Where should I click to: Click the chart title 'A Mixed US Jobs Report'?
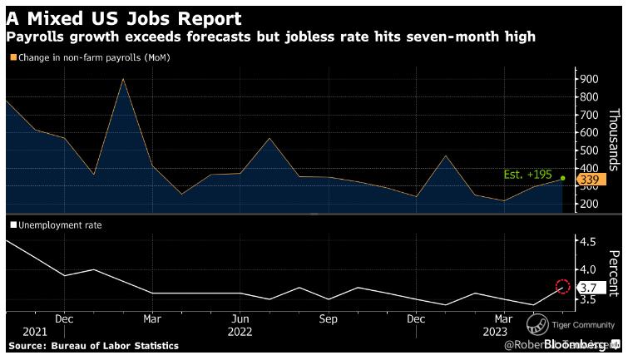124,17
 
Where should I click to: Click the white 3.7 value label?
589,287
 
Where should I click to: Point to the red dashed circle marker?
562,286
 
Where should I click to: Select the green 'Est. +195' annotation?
528,175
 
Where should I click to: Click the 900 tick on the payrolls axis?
590,78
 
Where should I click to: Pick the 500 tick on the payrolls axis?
590,150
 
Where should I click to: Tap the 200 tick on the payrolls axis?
590,205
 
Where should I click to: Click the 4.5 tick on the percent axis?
589,241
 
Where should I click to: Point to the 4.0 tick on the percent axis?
589,269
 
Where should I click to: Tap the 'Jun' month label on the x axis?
240,318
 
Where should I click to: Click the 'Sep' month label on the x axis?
328,318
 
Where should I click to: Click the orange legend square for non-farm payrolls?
13,57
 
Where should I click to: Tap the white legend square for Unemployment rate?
13,224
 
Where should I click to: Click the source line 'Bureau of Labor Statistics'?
93,345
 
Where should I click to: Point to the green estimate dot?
562,178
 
